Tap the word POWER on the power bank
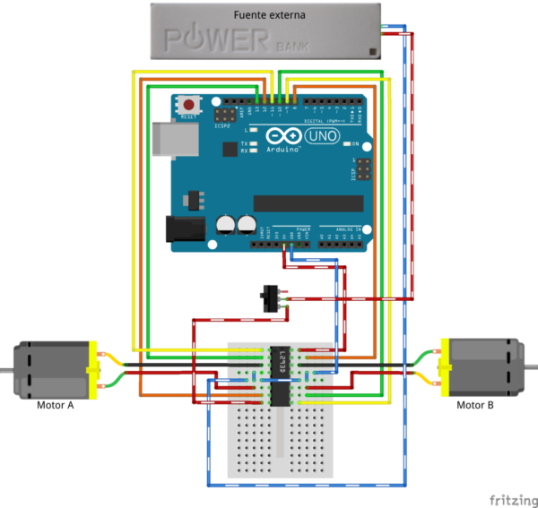[215, 40]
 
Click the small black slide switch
[266, 298]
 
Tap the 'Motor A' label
[55, 405]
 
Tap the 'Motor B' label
[475, 404]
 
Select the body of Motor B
[484, 366]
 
